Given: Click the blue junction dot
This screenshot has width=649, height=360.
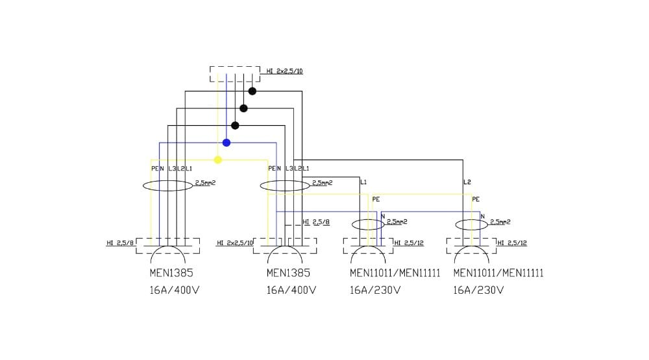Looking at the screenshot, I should tap(227, 143).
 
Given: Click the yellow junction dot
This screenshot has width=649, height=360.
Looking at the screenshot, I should tap(218, 160).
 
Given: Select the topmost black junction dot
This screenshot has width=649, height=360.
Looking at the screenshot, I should tap(252, 91).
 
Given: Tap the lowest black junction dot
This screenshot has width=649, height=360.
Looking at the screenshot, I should tap(235, 125).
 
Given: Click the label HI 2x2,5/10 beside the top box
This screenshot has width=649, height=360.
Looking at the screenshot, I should tap(285, 71).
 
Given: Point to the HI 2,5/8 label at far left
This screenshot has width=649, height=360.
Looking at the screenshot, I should tap(120, 243).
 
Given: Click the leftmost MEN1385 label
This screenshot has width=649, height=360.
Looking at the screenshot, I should tap(171, 273).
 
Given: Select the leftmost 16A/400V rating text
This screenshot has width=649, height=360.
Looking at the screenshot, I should tap(174, 290).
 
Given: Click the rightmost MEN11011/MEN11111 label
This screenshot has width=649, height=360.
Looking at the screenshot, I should tap(498, 273).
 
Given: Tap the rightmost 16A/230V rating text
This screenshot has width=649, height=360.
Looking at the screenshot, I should tap(478, 290).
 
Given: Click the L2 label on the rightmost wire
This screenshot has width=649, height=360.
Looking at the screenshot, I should tap(467, 182).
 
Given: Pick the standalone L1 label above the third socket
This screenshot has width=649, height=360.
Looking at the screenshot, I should tap(363, 182).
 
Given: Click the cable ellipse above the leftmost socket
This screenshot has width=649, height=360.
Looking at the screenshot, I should tap(167, 186).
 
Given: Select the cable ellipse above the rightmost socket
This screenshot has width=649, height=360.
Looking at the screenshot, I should tap(471, 225).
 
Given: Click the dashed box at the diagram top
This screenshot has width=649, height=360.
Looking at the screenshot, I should tap(235, 73).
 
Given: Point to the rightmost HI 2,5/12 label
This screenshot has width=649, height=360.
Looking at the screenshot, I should tap(512, 243).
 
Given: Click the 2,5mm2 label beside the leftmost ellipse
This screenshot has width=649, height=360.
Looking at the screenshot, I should tap(205, 183).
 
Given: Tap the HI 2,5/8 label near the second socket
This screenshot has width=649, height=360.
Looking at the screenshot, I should tap(316, 222).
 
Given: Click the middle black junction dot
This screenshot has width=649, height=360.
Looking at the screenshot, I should tap(243, 108).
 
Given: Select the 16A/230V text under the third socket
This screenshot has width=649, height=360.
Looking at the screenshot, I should tap(375, 290).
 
